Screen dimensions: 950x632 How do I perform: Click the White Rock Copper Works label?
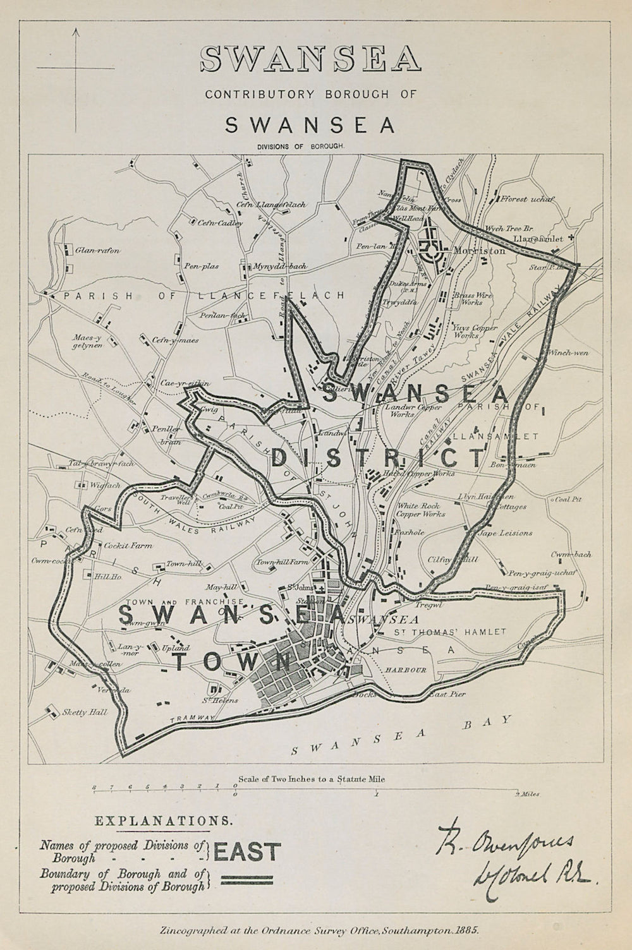[x=421, y=509]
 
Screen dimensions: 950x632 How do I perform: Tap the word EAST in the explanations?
[x=247, y=851]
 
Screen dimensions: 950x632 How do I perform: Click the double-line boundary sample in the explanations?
[x=246, y=879]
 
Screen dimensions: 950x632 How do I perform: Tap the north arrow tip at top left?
[x=75, y=30]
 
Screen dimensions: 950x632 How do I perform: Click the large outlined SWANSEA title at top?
[x=310, y=59]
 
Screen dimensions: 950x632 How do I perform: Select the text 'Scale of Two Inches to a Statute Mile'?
[x=311, y=779]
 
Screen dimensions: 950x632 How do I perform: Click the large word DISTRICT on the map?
[x=377, y=455]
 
